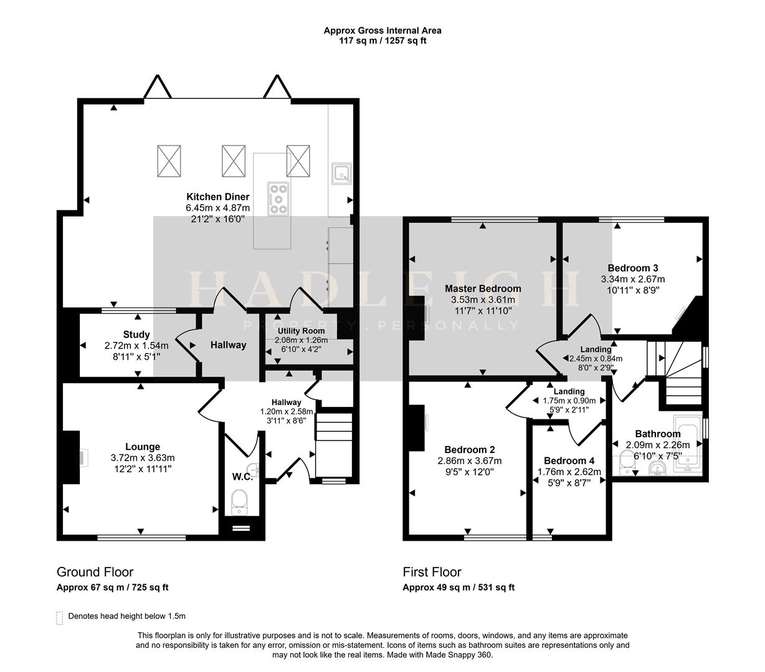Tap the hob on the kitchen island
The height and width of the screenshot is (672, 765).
(278, 198)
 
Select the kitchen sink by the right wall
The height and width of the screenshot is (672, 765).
(341, 174)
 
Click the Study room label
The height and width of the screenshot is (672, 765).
(136, 335)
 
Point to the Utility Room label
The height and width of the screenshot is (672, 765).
(301, 330)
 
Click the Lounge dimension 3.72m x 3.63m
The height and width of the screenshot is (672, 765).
(143, 457)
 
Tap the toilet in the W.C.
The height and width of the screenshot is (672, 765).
(240, 502)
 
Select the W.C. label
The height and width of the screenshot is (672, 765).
(242, 477)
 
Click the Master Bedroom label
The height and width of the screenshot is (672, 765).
(483, 289)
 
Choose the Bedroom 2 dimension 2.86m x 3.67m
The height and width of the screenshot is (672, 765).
(470, 461)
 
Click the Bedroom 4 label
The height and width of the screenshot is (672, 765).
(569, 460)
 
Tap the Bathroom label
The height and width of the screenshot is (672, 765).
(657, 434)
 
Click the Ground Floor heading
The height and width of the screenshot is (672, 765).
(95, 572)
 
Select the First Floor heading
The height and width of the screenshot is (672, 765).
(432, 572)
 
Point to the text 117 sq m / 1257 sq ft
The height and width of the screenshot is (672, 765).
(383, 40)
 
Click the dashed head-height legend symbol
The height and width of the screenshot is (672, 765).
(60, 617)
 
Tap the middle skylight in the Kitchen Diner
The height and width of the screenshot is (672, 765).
(234, 161)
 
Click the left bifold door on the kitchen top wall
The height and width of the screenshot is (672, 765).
(157, 88)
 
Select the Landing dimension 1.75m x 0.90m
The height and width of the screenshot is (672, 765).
(569, 401)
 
